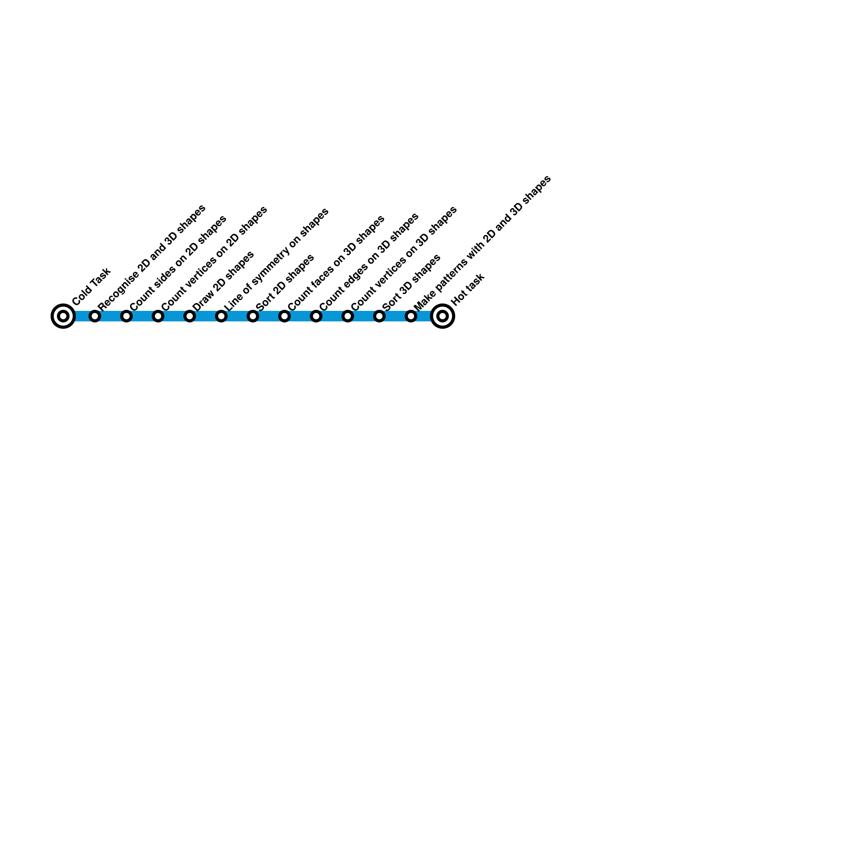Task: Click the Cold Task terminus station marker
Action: (63, 316)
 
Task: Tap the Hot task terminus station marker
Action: (443, 316)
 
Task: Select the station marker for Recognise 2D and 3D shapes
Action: (95, 316)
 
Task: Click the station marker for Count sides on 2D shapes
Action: (126, 316)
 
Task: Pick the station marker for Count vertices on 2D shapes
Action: (158, 316)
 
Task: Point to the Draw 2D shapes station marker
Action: (190, 316)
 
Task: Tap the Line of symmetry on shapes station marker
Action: (221, 316)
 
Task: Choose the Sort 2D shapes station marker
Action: (253, 316)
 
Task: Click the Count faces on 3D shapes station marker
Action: (285, 316)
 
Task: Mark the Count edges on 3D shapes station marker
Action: (316, 316)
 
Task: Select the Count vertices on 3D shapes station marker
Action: (348, 316)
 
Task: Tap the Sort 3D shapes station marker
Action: (379, 316)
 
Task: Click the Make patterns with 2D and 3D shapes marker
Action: (411, 316)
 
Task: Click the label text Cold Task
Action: (91, 287)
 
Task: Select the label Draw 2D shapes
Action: (223, 281)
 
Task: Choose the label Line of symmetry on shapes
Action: (276, 259)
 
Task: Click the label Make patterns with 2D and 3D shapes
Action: (482, 243)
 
